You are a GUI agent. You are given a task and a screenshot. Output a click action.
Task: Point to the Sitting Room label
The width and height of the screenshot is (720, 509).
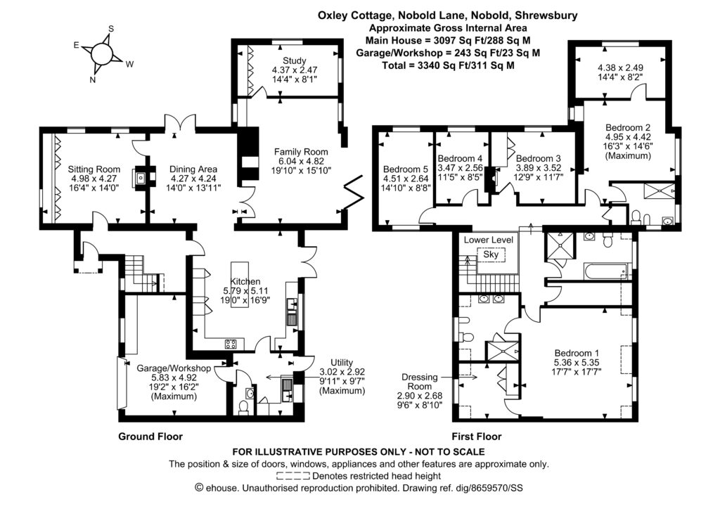point(94,169)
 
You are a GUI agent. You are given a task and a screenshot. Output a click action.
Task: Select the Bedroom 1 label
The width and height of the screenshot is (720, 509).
point(576,353)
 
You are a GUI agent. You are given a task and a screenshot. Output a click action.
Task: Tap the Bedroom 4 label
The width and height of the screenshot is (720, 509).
point(460,158)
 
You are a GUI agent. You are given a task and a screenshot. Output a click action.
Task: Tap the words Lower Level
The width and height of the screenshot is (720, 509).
point(488,240)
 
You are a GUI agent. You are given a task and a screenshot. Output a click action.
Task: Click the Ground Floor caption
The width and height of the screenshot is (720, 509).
point(150,436)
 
